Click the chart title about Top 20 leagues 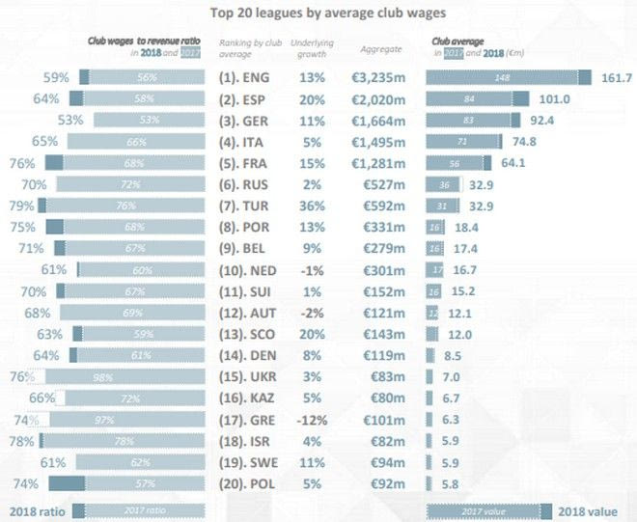(319, 14)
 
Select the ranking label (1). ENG (248, 77)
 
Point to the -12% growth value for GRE (312, 420)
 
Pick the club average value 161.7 (615, 77)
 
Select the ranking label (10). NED (250, 269)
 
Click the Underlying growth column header (313, 48)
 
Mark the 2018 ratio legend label (37, 509)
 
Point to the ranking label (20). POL (250, 483)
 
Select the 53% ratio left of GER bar (70, 120)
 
